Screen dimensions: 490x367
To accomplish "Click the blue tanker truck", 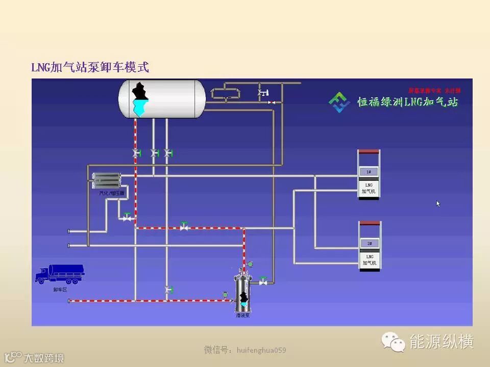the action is coord(59,274).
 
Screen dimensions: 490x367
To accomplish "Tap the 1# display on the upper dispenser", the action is coord(369,171).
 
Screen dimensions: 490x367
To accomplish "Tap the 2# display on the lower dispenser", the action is coord(369,243).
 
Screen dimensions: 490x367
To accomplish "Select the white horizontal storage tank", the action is coord(162,98).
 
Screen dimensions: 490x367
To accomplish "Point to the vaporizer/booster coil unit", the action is coord(106,180).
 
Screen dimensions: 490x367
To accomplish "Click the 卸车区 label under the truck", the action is coord(60,290).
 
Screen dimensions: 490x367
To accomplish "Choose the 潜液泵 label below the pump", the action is coord(243,316).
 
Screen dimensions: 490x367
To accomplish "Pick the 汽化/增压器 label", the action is coord(111,193).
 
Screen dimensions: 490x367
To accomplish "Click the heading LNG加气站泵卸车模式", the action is coord(90,67).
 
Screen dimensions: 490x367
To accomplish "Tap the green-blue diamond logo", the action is coord(339,102).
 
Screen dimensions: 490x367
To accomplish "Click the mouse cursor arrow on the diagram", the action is coord(438,203).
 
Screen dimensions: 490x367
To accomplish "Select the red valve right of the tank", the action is coord(271,102).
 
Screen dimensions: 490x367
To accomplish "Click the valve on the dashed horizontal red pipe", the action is coord(184,227).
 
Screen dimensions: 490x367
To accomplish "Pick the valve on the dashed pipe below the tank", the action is coord(136,153).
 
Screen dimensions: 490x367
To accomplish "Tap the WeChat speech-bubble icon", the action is coord(394,342).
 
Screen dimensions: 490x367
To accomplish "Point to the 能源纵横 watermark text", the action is coord(442,342).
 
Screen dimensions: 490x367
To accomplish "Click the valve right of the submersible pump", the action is coord(263,281).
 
